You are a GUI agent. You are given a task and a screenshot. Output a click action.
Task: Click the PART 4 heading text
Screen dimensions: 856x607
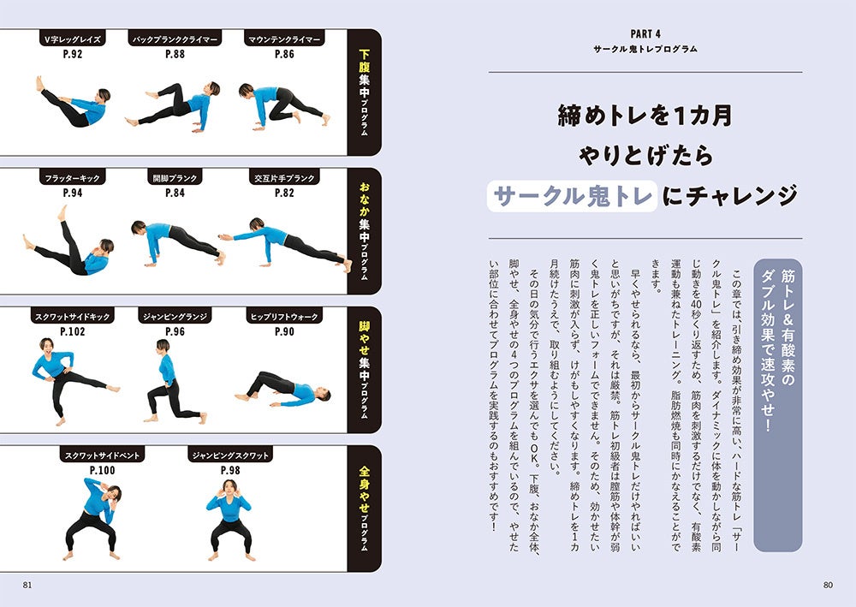(x=645, y=34)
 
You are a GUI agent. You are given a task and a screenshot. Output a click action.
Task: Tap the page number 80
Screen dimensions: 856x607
(x=828, y=585)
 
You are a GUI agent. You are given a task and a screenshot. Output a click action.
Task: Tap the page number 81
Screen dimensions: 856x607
(x=27, y=585)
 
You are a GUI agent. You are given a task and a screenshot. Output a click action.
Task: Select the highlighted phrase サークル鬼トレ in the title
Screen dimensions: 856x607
(x=572, y=196)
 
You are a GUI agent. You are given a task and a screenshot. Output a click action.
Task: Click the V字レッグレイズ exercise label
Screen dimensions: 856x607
(x=73, y=39)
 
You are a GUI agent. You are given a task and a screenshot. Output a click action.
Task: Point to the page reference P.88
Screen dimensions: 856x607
(x=175, y=54)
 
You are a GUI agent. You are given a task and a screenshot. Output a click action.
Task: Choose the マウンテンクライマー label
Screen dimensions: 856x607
(x=284, y=39)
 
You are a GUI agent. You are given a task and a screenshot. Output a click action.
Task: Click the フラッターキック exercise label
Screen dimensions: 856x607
(x=73, y=178)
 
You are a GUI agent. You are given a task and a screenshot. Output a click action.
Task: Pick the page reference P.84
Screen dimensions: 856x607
(x=175, y=193)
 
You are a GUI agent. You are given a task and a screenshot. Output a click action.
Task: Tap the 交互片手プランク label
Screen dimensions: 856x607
(x=284, y=178)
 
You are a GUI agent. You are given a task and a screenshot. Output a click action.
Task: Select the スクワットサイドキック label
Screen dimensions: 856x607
(x=73, y=317)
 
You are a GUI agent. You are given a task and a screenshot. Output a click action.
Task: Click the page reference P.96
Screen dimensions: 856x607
(x=175, y=331)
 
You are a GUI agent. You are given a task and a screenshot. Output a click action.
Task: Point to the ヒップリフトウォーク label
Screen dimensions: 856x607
(x=284, y=317)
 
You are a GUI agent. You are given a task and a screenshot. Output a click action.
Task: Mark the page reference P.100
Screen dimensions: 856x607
(x=102, y=470)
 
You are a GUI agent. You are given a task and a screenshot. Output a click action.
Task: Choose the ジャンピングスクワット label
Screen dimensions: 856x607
(x=230, y=455)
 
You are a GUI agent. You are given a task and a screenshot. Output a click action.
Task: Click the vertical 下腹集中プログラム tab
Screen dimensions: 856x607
(x=364, y=92)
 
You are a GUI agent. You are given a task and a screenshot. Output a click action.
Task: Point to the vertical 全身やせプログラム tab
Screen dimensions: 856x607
(x=364, y=509)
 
